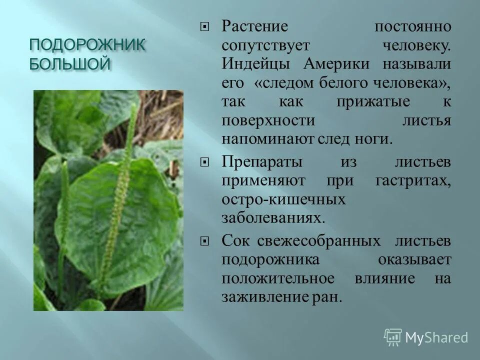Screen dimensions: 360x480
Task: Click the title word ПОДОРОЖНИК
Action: (87, 46)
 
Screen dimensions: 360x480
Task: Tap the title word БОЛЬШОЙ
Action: (69, 64)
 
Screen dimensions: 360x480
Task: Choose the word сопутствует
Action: (267, 45)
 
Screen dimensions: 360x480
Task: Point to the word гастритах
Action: (413, 181)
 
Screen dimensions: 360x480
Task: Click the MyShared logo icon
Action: (393, 337)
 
